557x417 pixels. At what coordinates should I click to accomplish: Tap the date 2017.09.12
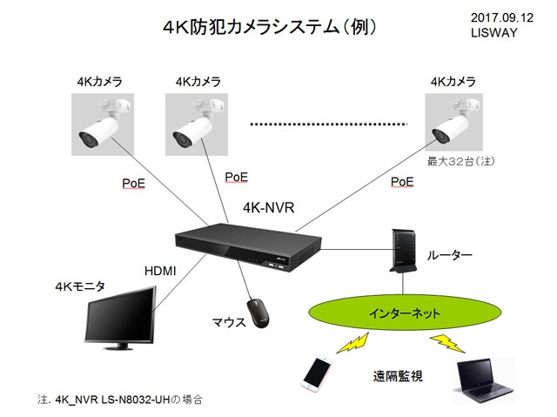[x=502, y=17]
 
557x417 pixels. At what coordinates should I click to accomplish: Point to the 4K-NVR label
[x=268, y=209]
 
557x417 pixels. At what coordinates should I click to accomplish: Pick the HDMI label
[x=160, y=272]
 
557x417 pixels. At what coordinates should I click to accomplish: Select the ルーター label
[x=450, y=256]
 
